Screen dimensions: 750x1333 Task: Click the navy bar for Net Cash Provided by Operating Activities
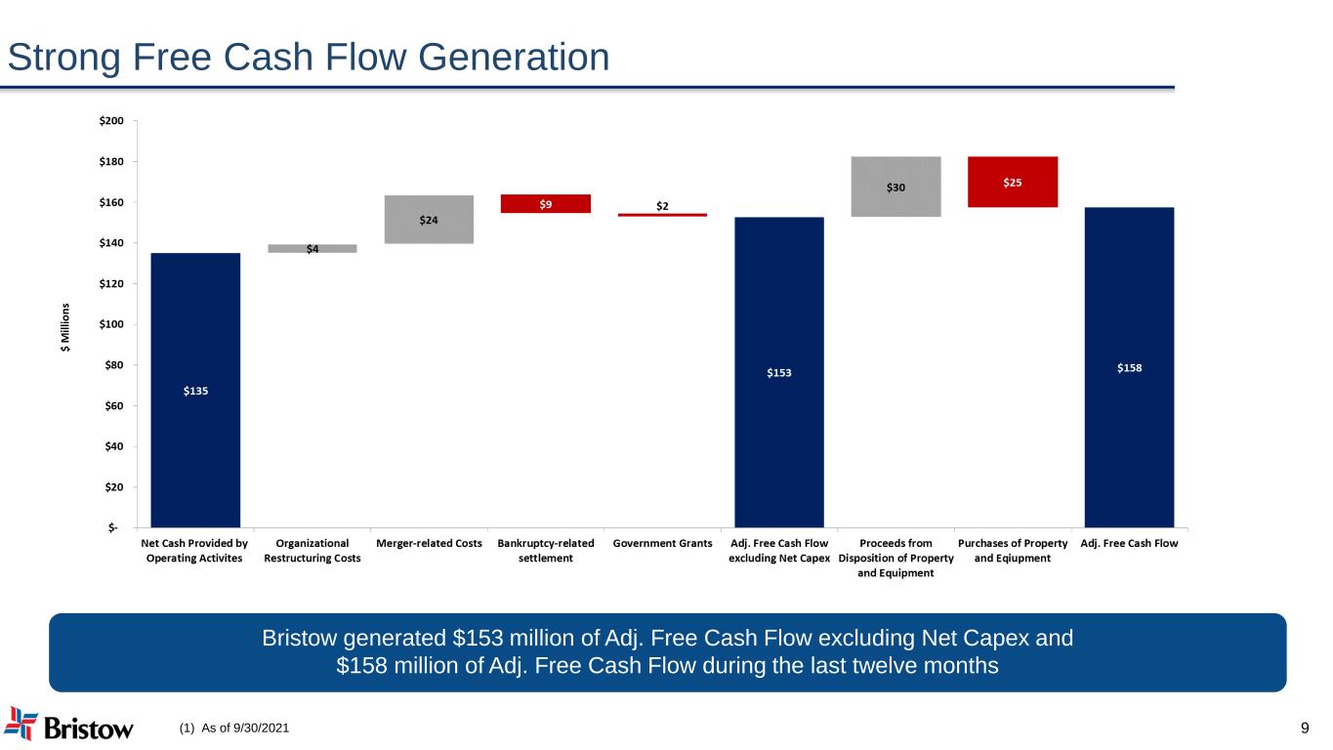[195, 390]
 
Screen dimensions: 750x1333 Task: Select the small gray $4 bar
[312, 248]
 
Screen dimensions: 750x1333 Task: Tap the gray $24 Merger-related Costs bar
[429, 219]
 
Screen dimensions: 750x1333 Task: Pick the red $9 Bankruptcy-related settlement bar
[546, 203]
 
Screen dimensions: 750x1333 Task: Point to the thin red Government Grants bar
[662, 215]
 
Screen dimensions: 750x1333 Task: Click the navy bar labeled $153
[779, 371]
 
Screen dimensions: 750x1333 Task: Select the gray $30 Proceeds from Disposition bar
[896, 187]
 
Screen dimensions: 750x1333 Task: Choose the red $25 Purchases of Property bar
[1013, 182]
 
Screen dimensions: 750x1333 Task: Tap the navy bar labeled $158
[1129, 367]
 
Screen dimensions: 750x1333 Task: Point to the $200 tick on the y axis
[111, 121]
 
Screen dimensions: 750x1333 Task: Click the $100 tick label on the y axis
[111, 324]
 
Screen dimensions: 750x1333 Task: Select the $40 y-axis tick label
[114, 446]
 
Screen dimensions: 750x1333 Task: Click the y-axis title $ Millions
[65, 326]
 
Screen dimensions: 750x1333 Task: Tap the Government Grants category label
[662, 543]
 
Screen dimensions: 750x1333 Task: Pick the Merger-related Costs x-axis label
[429, 543]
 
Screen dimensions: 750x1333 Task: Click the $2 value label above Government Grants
[662, 205]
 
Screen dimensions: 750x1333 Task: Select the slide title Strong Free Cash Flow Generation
[309, 58]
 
